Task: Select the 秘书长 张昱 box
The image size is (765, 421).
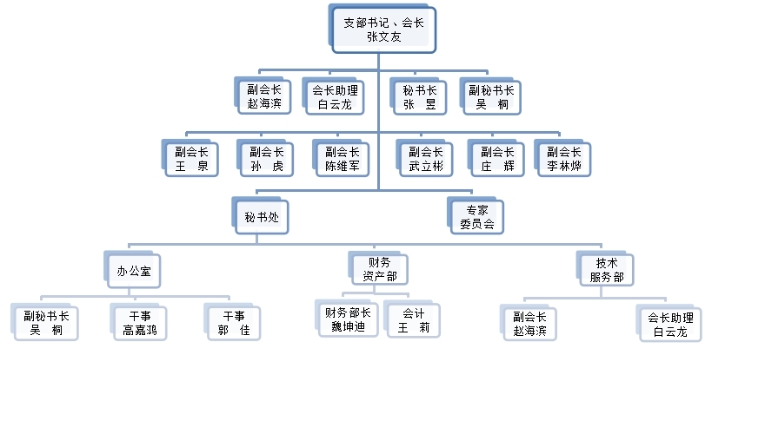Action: tap(420, 96)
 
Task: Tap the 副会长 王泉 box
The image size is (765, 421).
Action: tap(191, 159)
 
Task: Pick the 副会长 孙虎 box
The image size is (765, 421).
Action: tap(266, 159)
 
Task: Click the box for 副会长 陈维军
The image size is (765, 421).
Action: tap(343, 159)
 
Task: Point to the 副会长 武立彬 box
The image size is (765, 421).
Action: tap(426, 159)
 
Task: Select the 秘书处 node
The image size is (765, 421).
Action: tap(261, 216)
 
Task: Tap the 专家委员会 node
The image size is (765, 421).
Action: tap(476, 216)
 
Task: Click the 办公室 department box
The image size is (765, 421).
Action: tap(135, 270)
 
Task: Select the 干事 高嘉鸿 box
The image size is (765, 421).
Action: tap(139, 322)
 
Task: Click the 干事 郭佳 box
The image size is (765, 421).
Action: tap(234, 322)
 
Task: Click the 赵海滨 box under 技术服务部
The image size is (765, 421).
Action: tap(530, 323)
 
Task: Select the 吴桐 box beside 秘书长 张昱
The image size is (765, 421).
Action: tap(492, 96)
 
